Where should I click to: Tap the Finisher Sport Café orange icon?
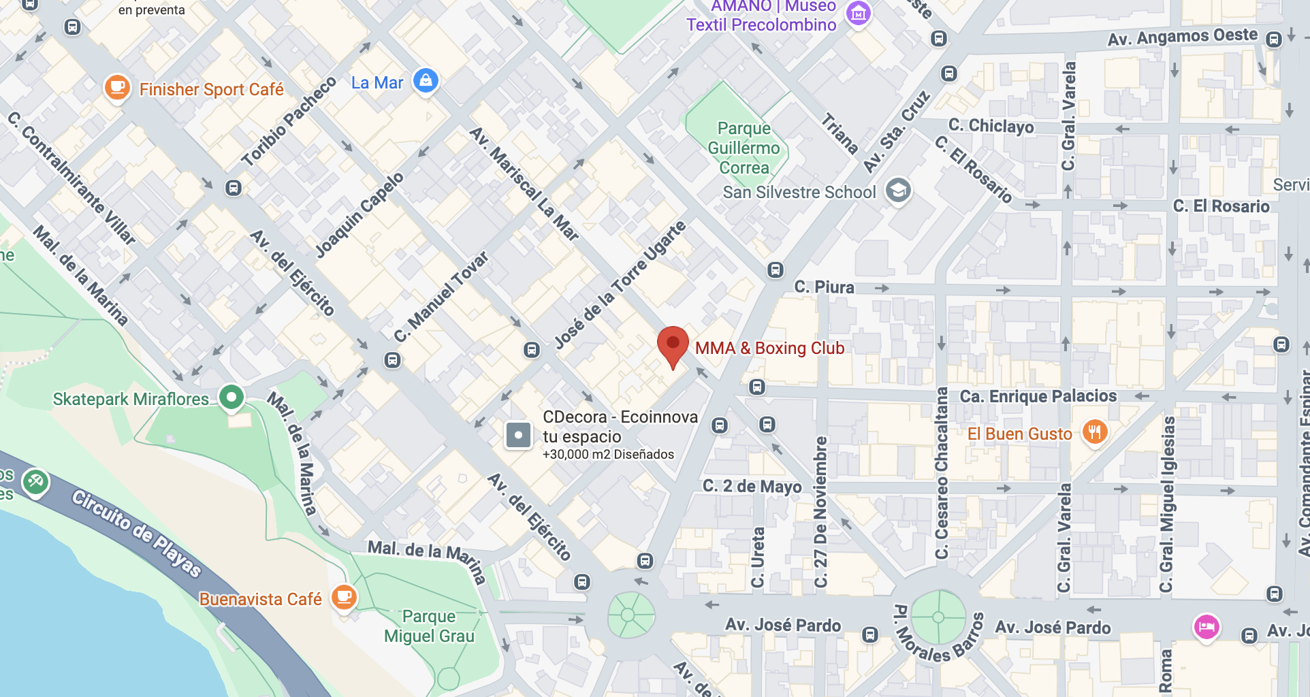pyautogui.click(x=117, y=88)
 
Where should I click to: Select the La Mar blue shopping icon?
pyautogui.click(x=426, y=81)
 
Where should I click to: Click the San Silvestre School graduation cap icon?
pyautogui.click(x=897, y=191)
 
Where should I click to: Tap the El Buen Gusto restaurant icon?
pyautogui.click(x=1094, y=432)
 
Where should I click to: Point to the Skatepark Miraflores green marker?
pyautogui.click(x=231, y=398)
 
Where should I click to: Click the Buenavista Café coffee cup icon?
pyautogui.click(x=344, y=598)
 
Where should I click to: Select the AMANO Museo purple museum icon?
pyautogui.click(x=858, y=13)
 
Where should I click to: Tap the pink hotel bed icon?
pyautogui.click(x=1207, y=626)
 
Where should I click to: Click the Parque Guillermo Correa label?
pyautogui.click(x=744, y=148)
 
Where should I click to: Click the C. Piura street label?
pyautogui.click(x=824, y=287)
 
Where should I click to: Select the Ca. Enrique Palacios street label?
pyautogui.click(x=1038, y=396)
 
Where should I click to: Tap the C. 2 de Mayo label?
pyautogui.click(x=752, y=486)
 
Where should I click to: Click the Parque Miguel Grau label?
pyautogui.click(x=429, y=626)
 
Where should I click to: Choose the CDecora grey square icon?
pyautogui.click(x=518, y=435)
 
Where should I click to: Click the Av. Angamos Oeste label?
pyautogui.click(x=1182, y=37)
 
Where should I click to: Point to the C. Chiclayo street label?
pyautogui.click(x=991, y=126)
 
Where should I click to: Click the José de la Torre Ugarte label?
pyautogui.click(x=620, y=285)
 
